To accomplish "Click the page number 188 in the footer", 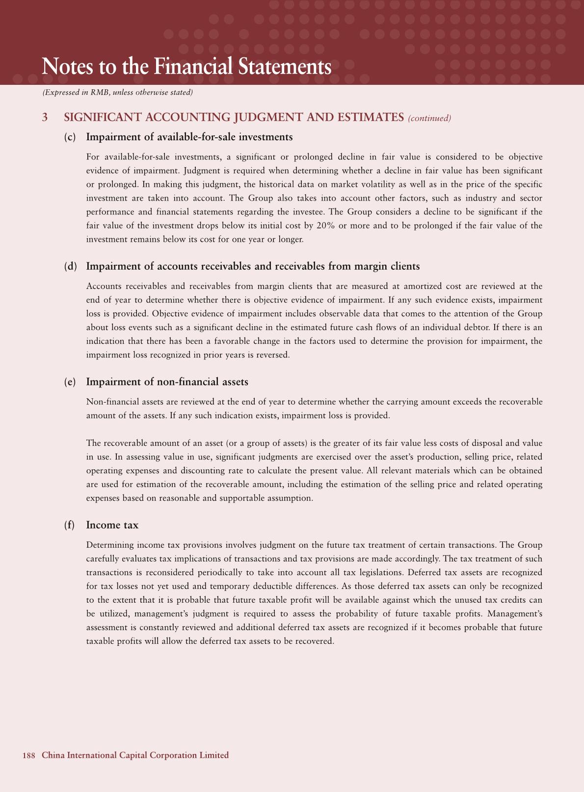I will [28, 755].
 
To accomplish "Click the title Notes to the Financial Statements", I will [186, 67].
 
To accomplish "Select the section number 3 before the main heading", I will [45, 117].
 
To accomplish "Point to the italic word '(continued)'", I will [429, 118].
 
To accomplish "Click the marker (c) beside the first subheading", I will [70, 137].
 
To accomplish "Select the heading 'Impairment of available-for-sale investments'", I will [189, 137].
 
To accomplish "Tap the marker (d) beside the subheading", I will [71, 266].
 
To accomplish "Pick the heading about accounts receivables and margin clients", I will [253, 266].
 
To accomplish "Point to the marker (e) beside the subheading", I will [70, 382].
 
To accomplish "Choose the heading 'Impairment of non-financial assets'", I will [167, 382].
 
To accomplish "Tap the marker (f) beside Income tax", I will [70, 525].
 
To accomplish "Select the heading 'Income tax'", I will [112, 525].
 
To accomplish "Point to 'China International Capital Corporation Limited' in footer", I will [135, 755].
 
